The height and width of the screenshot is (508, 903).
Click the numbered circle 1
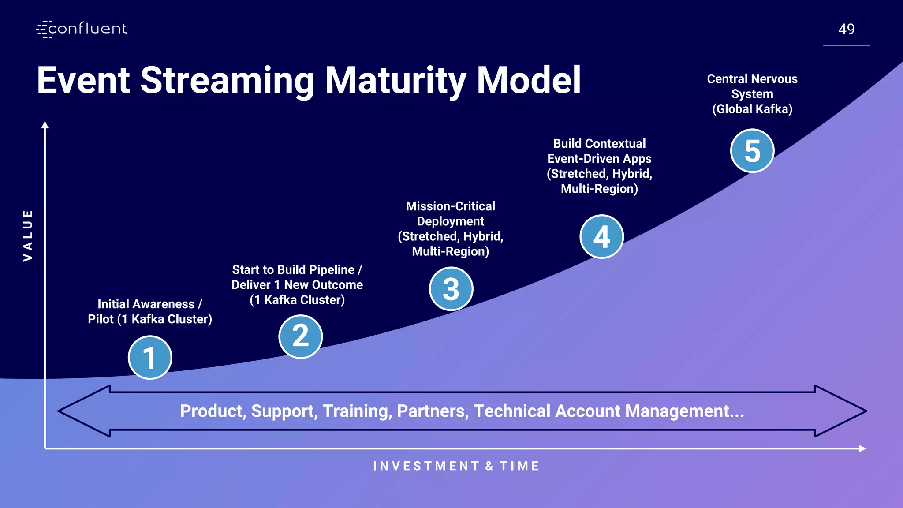tap(150, 357)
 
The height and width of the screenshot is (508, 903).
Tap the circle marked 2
tap(301, 336)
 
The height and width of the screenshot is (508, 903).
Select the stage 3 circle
tap(451, 289)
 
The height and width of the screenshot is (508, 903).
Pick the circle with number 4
tap(601, 237)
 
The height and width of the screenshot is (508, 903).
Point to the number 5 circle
tap(752, 151)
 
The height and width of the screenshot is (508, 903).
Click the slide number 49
tap(846, 29)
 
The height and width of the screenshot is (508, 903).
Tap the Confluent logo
tap(82, 29)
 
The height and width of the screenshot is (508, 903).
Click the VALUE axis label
tap(28, 235)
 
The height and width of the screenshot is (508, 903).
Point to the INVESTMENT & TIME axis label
tap(456, 466)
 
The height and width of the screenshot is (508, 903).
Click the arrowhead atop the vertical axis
tap(45, 125)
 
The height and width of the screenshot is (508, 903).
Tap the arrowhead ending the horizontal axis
tap(862, 448)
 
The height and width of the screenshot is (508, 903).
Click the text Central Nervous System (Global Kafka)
tap(752, 94)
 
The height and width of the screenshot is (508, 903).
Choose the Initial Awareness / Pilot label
tap(149, 311)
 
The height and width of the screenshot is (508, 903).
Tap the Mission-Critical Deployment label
tap(451, 228)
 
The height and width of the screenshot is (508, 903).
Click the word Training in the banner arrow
tap(357, 411)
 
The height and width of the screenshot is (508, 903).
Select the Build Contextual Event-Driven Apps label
tap(599, 166)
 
